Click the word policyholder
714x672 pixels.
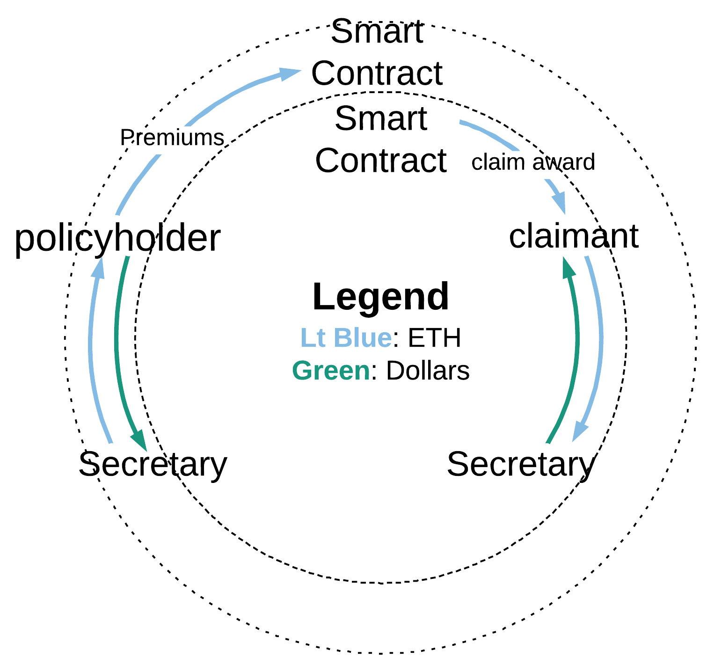coord(117,239)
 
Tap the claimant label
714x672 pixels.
coord(573,236)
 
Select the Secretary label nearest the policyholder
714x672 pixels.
coord(153,464)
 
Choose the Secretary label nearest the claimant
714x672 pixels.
coord(521,464)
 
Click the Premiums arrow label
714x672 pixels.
coord(172,138)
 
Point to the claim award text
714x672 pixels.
coord(533,162)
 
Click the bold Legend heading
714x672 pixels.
coord(380,297)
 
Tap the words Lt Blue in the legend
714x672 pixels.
coord(346,337)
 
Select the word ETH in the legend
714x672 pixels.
coord(434,337)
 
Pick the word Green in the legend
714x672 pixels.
coord(331,371)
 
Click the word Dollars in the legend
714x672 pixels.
coord(428,371)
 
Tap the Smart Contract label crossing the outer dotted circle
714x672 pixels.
coord(377,52)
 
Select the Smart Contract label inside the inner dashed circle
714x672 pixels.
coord(381,139)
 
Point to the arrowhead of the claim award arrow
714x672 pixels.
coord(560,203)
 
